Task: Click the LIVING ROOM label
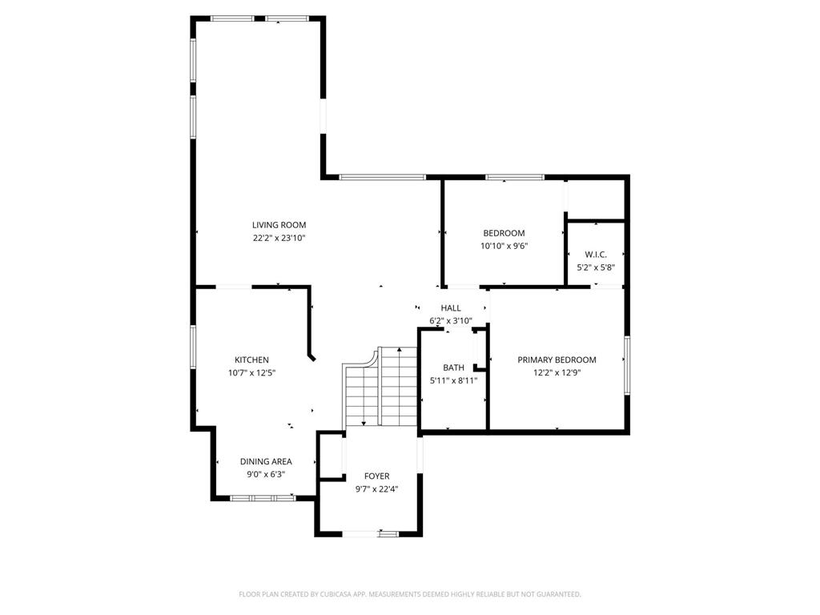pos(279,225)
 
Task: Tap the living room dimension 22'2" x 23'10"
pos(279,238)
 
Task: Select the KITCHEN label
pos(251,360)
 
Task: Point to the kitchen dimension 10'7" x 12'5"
pos(251,372)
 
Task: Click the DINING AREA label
pos(266,461)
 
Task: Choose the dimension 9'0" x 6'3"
pos(266,474)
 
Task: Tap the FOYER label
pos(376,476)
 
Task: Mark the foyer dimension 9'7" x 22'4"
pos(376,489)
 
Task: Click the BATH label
pos(453,368)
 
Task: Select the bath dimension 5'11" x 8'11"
pos(453,380)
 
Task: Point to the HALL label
pos(451,307)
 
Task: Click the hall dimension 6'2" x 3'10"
pos(451,320)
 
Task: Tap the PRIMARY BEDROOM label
pos(557,360)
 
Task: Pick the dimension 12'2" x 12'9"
pos(557,372)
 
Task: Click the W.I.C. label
pos(596,255)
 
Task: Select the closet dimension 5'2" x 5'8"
pos(596,267)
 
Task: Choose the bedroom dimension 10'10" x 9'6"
pos(504,246)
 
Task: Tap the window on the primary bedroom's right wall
pos(627,365)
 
